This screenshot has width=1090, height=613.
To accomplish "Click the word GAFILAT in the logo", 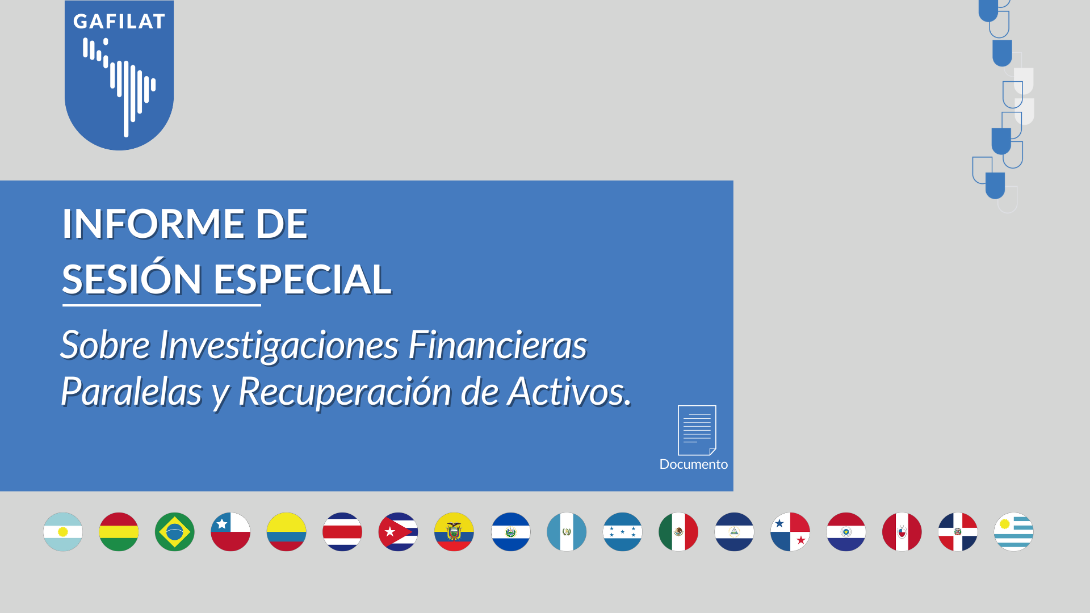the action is click(119, 22).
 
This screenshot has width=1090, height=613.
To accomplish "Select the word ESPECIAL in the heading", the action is click(303, 279).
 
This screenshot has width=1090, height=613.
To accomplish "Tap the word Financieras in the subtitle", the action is click(498, 345).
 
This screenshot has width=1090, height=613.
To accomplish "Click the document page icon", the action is click(697, 430).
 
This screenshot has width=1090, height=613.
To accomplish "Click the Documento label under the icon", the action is click(694, 464).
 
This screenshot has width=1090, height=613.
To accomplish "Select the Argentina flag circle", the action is click(63, 532).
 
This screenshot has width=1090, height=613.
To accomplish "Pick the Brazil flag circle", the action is click(175, 532).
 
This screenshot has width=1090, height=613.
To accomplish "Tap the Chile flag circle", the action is click(230, 532).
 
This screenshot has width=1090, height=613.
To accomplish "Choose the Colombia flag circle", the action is click(287, 532).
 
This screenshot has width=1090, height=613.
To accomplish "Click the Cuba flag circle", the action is click(398, 532).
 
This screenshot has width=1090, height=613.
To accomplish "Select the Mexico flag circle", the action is click(678, 532).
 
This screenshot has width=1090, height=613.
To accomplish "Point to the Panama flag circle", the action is click(790, 532).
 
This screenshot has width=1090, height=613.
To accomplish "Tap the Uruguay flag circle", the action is click(1014, 532).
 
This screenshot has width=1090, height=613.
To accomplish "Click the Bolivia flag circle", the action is click(119, 532).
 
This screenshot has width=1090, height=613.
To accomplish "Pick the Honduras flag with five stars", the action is click(623, 532).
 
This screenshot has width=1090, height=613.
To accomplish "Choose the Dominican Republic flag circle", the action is click(958, 532).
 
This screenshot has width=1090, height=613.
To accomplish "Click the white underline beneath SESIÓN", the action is click(162, 305).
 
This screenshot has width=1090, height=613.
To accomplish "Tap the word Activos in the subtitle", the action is click(569, 392).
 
